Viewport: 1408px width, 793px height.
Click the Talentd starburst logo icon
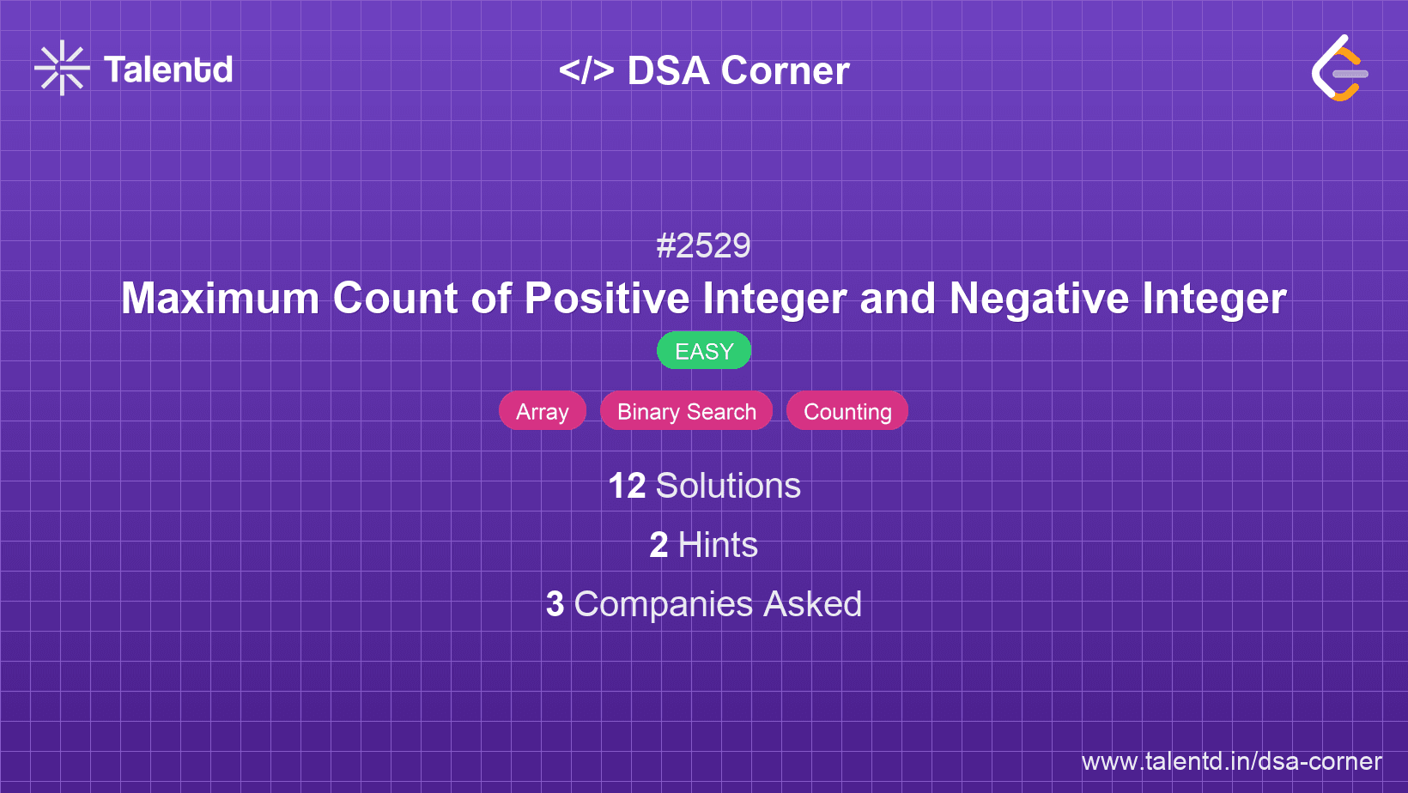(x=62, y=68)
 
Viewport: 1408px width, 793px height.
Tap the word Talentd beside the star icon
(x=168, y=70)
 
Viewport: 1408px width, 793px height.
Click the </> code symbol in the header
(x=586, y=70)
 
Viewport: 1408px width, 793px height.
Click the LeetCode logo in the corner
(x=1339, y=69)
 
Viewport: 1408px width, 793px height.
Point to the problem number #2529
(x=703, y=246)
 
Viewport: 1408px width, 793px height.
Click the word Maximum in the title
(x=220, y=299)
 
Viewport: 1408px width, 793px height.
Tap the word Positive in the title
(x=607, y=299)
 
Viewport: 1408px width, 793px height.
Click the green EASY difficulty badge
(x=704, y=351)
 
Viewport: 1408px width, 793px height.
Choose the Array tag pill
(x=543, y=412)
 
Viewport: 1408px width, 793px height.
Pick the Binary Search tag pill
(x=687, y=412)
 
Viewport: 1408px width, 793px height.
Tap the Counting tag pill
(x=847, y=412)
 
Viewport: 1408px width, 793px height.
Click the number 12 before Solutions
(x=627, y=486)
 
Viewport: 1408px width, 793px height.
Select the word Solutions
(x=728, y=486)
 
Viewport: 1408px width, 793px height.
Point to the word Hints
(x=718, y=545)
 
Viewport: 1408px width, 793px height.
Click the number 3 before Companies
(x=555, y=604)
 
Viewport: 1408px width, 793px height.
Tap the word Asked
(x=812, y=604)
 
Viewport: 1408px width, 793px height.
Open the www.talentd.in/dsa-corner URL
(x=1231, y=761)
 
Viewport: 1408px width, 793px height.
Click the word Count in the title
(x=395, y=299)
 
